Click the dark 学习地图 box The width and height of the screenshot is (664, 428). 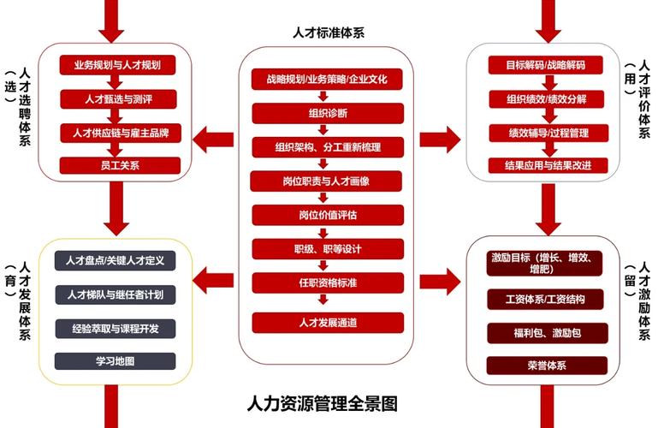coord(115,360)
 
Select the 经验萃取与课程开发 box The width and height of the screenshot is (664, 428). coord(115,328)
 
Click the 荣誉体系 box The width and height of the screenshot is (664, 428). coord(547,366)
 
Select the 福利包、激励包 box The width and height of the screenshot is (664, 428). coord(547,332)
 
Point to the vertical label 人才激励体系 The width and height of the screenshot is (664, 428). coord(643,304)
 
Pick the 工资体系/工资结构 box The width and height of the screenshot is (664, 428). coord(547,299)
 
